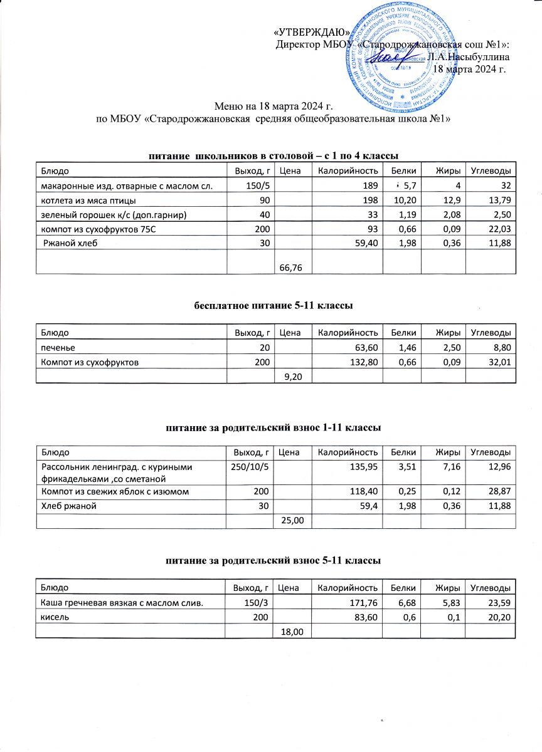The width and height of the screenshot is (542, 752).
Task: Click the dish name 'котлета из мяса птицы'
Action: click(x=88, y=201)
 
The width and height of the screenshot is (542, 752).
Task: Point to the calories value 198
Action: click(x=370, y=201)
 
